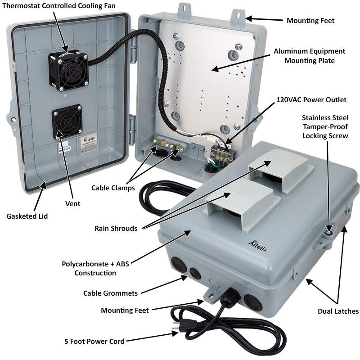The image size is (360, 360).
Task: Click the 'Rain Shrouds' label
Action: point(116,228)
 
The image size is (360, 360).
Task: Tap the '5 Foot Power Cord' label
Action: point(94,341)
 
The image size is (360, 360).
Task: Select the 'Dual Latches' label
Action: point(338,311)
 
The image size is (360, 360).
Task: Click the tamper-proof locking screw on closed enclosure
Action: point(328,233)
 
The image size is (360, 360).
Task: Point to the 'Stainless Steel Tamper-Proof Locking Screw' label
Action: point(325,126)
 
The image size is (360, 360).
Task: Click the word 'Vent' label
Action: point(72,204)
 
